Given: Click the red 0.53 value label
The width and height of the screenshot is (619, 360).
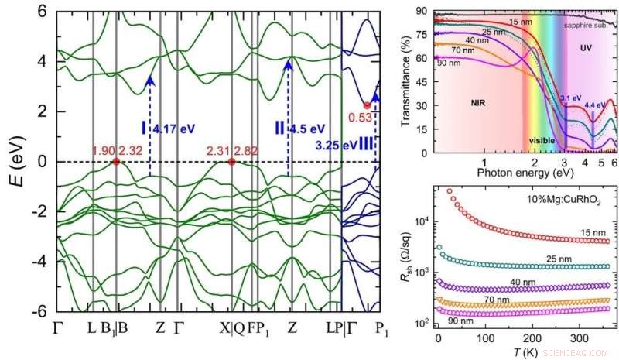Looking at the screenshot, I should (358, 118).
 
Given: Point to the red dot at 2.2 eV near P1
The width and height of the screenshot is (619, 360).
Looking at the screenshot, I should (367, 105).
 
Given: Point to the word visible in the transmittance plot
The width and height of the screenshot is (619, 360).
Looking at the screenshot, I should (542, 140).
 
